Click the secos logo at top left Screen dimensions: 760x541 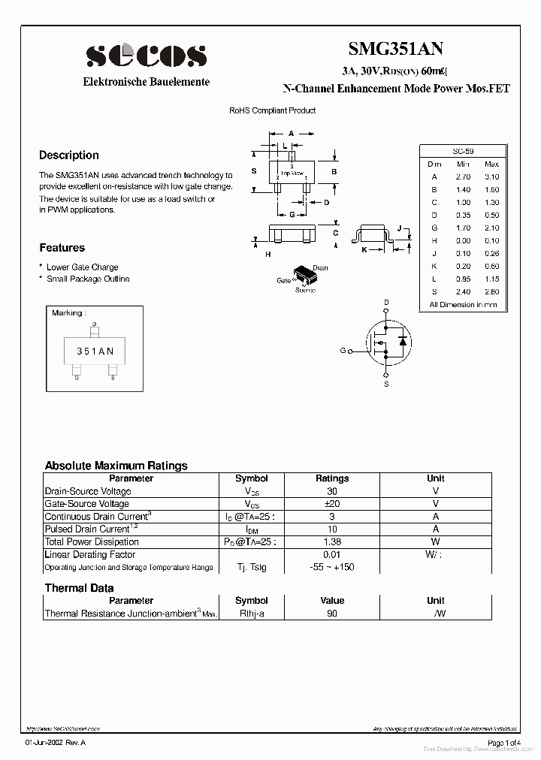(x=146, y=55)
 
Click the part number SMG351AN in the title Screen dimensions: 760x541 (x=395, y=50)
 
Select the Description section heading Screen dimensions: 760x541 (x=69, y=155)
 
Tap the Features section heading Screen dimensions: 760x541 (x=62, y=248)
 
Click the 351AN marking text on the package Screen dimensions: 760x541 (x=95, y=351)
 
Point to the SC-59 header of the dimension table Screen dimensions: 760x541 (x=463, y=151)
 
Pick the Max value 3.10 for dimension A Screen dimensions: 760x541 (x=491, y=176)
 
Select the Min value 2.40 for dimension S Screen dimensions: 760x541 (x=463, y=291)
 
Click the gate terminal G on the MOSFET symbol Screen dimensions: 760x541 (x=343, y=351)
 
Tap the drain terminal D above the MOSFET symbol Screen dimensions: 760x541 (x=387, y=303)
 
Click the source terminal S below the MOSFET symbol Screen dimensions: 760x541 (x=387, y=385)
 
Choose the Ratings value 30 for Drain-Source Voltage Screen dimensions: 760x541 (x=331, y=491)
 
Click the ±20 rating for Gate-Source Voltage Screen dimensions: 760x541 (x=331, y=504)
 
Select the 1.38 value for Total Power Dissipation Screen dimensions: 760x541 (x=331, y=541)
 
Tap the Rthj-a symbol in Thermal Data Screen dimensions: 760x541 (x=252, y=614)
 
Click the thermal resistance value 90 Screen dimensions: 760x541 (x=331, y=614)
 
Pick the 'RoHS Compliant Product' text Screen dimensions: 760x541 (x=272, y=110)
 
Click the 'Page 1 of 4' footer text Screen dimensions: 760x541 (x=503, y=743)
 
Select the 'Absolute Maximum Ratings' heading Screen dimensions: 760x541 (x=116, y=466)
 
